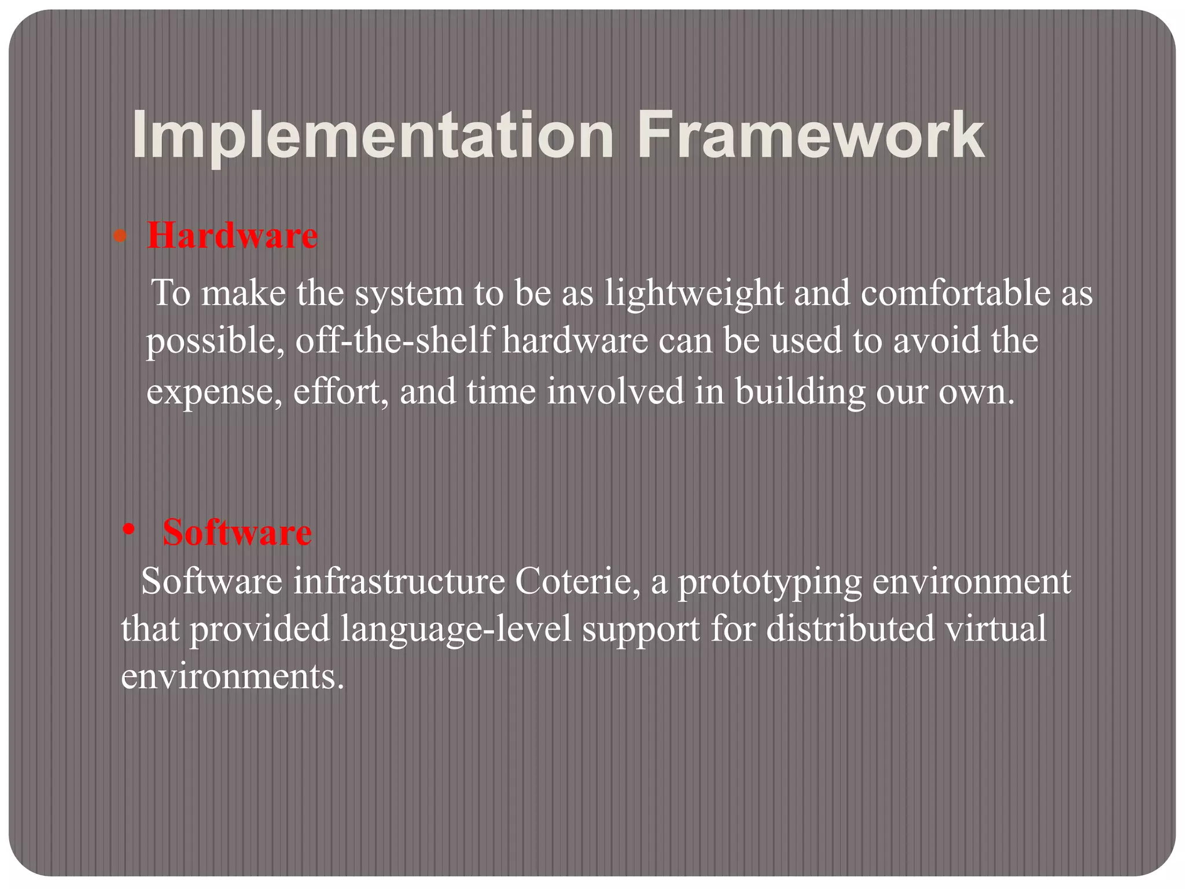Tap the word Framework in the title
pos(810,137)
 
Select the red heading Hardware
pos(232,236)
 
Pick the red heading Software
pos(237,532)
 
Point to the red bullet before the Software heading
pos(129,529)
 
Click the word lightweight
pos(694,293)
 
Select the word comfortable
pos(955,293)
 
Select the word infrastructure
pos(399,581)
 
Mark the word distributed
pos(850,629)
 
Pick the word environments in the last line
pos(232,676)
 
